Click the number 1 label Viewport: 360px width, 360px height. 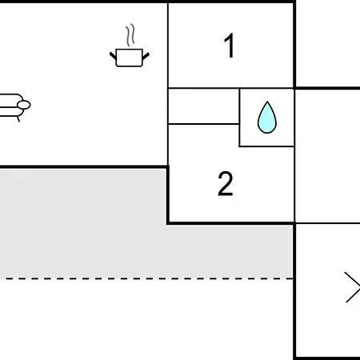[x=230, y=46]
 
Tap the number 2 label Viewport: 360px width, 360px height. [x=226, y=183]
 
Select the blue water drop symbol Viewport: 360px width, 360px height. [x=267, y=118]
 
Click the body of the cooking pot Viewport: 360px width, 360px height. [x=130, y=58]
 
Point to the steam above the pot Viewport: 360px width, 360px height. [x=130, y=35]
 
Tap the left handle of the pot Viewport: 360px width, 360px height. [x=113, y=56]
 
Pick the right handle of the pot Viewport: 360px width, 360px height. [x=146, y=56]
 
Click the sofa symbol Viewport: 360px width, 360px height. [x=14, y=106]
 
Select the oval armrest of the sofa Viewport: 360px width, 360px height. [x=24, y=105]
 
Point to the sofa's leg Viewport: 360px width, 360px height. [x=18, y=119]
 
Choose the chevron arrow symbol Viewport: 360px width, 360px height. [x=353, y=287]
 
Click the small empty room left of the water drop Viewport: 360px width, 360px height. [x=203, y=106]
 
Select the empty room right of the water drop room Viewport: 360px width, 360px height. [x=327, y=156]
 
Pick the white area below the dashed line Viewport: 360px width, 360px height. [x=146, y=320]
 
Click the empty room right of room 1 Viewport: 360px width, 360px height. [x=328, y=44]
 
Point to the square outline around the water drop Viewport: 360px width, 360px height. [x=239, y=118]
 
